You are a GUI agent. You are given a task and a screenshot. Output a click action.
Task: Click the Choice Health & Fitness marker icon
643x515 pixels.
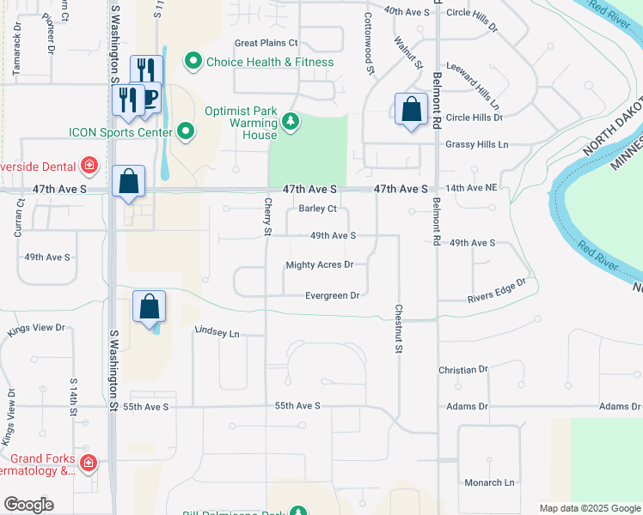[193, 62]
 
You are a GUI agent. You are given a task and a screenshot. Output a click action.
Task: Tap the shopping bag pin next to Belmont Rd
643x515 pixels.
[412, 110]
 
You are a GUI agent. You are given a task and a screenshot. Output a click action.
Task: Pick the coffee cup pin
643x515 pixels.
[150, 96]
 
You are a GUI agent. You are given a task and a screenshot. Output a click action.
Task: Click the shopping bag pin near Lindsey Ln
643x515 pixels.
[150, 308]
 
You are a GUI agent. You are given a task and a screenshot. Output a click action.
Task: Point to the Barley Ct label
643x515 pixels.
[317, 209]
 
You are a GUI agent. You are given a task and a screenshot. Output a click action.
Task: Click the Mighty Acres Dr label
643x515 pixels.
[320, 265]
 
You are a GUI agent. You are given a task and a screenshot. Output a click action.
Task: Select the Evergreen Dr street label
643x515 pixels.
[332, 295]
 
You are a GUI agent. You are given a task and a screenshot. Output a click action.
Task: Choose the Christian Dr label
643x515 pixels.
[462, 370]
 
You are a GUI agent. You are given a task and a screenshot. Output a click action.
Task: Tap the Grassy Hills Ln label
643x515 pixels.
[477, 145]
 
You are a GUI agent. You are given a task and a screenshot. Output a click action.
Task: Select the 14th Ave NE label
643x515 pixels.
[471, 188]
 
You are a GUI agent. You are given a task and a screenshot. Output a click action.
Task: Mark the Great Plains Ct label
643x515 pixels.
[266, 43]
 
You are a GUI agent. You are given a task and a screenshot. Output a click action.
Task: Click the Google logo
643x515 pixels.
[28, 505]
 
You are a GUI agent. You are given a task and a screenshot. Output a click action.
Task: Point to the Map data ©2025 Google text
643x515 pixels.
[589, 508]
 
